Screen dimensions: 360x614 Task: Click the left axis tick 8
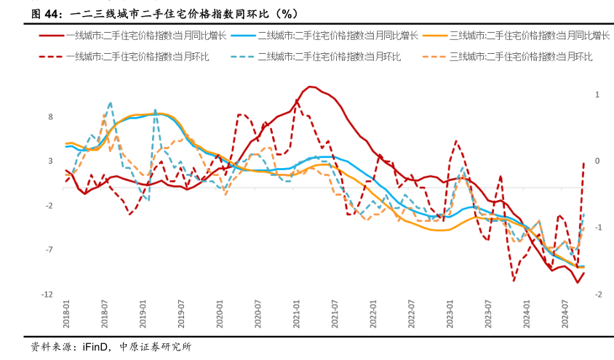coord(51,116)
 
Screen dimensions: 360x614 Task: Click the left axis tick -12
coord(48,295)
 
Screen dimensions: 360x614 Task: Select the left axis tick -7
coord(49,250)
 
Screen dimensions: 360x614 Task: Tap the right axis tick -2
coord(597,295)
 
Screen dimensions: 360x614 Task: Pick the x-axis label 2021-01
coord(297,318)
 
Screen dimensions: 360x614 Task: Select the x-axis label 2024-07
coord(565,318)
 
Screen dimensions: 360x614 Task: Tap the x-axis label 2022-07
coord(412,318)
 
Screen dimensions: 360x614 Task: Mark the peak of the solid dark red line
coord(311,87)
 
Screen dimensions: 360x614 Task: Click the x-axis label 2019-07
coord(182,318)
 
